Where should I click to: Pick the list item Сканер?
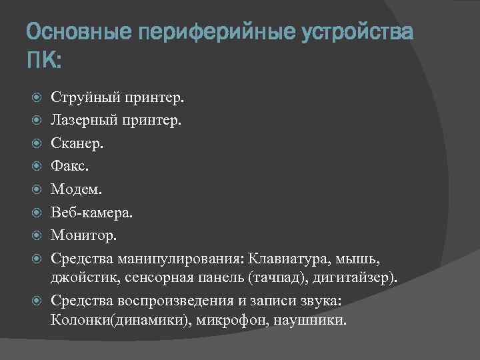(77, 144)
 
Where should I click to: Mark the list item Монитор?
(83, 235)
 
